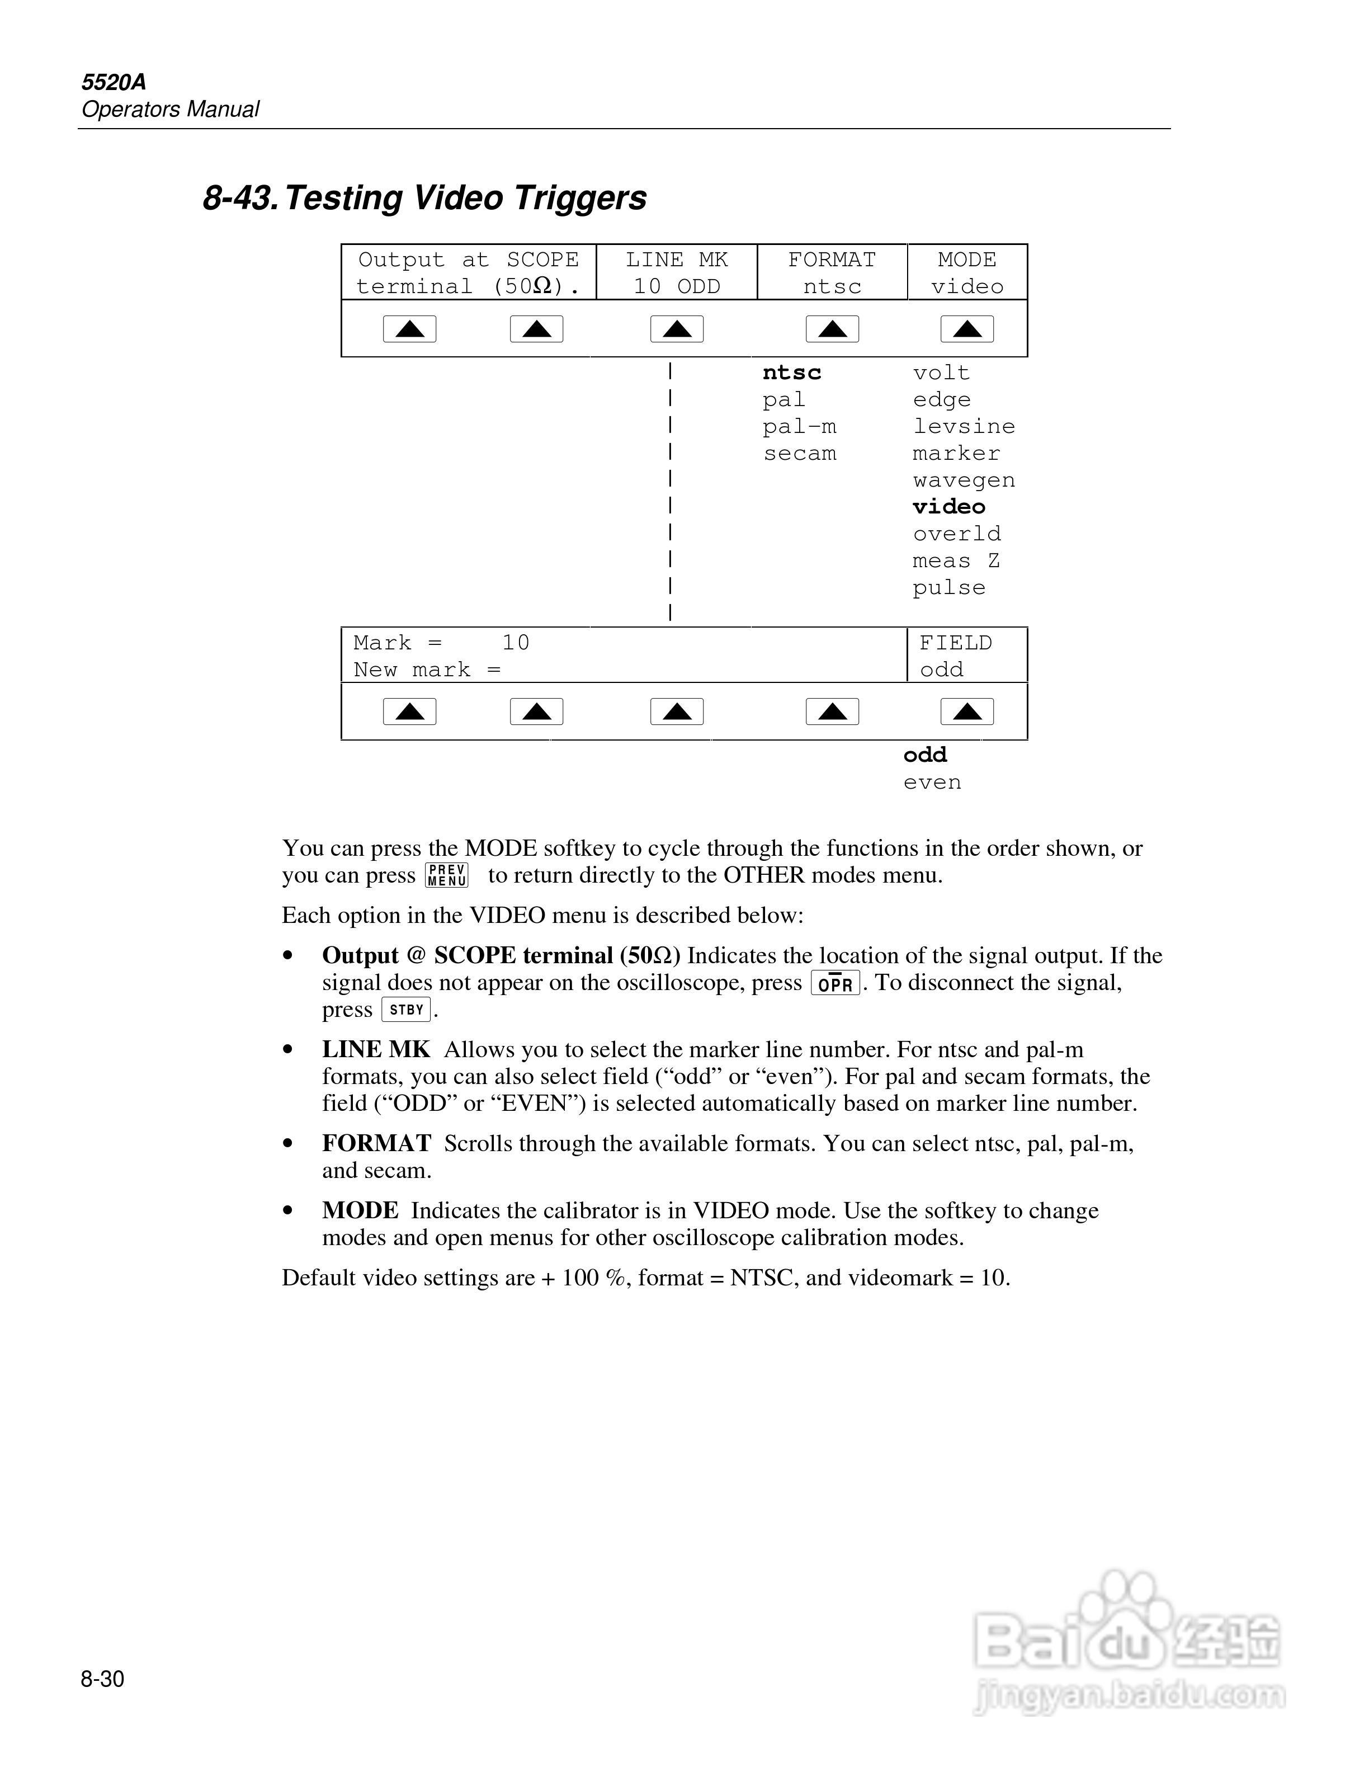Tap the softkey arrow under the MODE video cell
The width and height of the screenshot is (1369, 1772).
[967, 328]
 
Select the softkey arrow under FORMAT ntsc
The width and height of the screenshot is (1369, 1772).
[832, 328]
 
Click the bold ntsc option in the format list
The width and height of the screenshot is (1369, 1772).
[791, 373]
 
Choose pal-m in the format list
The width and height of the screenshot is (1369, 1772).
[799, 427]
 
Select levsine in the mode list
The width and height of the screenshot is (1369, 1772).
[964, 427]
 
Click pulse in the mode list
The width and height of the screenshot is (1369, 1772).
[949, 587]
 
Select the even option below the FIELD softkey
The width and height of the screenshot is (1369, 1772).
[932, 782]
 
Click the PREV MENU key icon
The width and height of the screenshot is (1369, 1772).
[447, 875]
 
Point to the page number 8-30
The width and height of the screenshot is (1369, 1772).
[102, 1679]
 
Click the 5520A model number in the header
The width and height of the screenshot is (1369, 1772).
[114, 82]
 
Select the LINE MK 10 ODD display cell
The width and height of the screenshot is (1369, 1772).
[676, 272]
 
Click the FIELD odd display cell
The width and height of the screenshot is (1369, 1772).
[966, 656]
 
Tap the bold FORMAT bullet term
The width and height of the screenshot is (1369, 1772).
[376, 1143]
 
